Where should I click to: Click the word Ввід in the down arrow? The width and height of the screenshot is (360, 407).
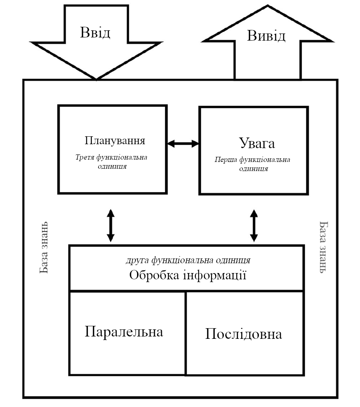[95, 33]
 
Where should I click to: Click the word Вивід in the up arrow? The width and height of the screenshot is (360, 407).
[266, 35]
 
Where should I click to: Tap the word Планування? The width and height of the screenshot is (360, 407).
[115, 140]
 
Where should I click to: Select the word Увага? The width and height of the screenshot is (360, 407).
[257, 143]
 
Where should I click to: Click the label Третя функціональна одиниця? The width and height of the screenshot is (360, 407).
[111, 162]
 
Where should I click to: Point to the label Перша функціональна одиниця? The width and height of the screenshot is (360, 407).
[252, 164]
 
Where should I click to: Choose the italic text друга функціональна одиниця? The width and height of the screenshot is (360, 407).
[188, 260]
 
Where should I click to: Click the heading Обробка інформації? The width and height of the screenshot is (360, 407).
[187, 275]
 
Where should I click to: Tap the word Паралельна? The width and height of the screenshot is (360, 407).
[124, 331]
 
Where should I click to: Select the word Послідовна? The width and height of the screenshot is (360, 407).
[243, 334]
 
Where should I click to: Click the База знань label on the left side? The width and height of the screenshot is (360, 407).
[44, 247]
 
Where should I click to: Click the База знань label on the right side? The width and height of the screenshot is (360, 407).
[324, 247]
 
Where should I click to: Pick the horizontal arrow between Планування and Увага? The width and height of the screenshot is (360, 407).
[183, 143]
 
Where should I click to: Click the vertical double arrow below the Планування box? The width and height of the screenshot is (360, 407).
[111, 225]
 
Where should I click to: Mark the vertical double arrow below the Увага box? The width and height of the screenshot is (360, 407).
[254, 225]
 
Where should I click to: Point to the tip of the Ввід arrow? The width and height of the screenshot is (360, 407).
[96, 79]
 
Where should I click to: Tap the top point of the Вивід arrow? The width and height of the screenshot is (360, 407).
[267, 6]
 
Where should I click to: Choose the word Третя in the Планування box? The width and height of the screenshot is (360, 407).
[85, 157]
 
